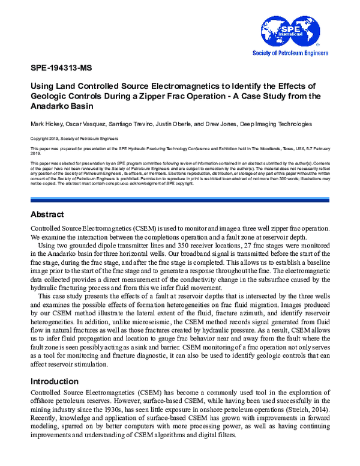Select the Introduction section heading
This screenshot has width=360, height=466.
pos(56,381)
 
